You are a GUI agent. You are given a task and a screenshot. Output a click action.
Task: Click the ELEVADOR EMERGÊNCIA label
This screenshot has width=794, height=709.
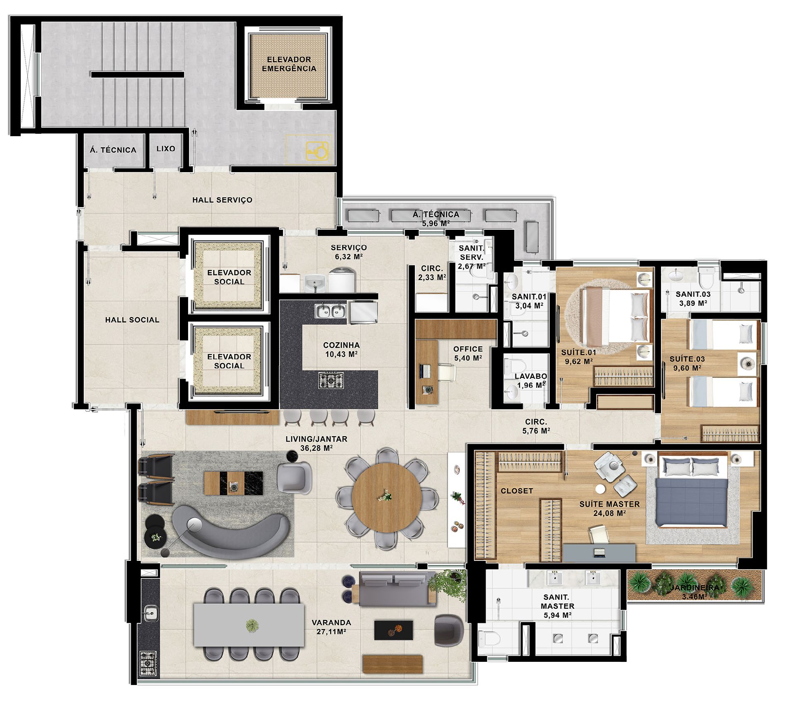click(x=289, y=64)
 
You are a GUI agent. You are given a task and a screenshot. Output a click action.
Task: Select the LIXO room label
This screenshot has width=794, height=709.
click(x=166, y=149)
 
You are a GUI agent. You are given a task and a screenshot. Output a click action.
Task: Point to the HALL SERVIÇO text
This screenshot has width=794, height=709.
click(x=222, y=200)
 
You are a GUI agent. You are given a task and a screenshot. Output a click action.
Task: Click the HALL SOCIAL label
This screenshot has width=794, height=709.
click(x=132, y=320)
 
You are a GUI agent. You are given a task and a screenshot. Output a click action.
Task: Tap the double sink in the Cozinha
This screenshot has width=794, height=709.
click(x=330, y=310)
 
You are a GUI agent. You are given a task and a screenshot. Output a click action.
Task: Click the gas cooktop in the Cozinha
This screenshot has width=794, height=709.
click(x=331, y=380)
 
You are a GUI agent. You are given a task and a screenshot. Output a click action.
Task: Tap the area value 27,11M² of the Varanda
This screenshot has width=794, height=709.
click(x=329, y=632)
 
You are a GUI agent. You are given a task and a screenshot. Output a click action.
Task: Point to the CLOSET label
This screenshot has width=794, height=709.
click(x=517, y=491)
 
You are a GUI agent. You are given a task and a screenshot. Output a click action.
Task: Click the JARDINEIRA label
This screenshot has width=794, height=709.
click(x=695, y=588)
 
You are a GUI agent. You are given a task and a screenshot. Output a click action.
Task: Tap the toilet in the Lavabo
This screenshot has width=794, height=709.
click(x=515, y=365)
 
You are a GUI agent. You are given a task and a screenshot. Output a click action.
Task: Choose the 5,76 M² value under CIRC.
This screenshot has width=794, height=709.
click(x=536, y=431)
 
